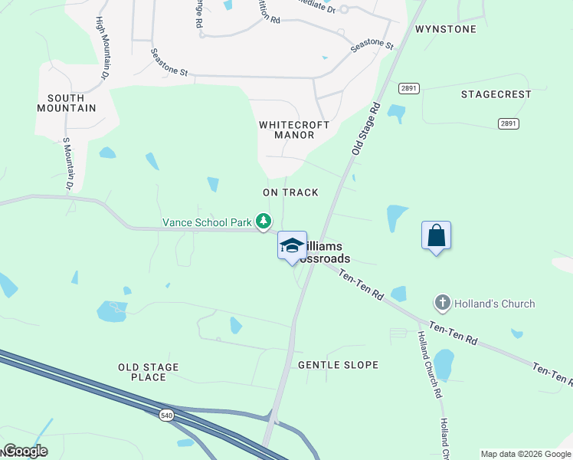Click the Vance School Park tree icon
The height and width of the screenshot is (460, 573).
pos(264,222)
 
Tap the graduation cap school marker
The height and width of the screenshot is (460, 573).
pos(291,245)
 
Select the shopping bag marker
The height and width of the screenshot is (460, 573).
pos(436,235)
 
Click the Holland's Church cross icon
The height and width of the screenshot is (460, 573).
pos(441,304)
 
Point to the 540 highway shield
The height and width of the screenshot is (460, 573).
pos(166,415)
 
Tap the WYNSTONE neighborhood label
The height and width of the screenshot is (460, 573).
pos(446,29)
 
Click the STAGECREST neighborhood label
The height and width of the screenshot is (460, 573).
pos(496,94)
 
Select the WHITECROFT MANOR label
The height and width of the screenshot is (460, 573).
pos(294,130)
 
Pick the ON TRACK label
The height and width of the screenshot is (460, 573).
pos(290,192)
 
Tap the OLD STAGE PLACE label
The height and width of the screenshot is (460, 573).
pos(149,372)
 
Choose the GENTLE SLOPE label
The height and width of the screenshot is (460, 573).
pos(338,365)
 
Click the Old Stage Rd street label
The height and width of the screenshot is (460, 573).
pos(366,128)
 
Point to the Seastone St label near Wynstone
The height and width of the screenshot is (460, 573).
pos(372,46)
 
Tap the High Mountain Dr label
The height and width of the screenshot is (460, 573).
pos(101,48)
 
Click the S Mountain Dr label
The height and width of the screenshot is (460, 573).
pos(67,164)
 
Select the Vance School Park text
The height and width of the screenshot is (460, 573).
pos(207,222)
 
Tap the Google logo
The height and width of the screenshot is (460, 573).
pos(25,451)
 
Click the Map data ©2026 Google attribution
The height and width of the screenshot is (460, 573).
pos(525,454)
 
